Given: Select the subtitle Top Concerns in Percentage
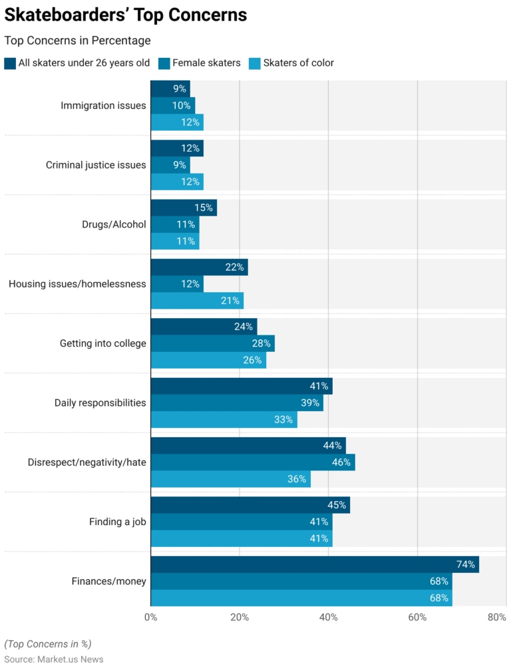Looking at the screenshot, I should click(x=77, y=41).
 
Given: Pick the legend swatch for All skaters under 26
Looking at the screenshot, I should click(x=10, y=63).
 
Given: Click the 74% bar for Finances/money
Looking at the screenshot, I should click(x=315, y=565).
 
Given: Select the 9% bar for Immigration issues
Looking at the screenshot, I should click(x=170, y=88).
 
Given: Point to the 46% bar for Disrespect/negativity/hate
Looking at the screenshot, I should click(x=253, y=462).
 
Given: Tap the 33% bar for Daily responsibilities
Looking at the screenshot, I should click(x=224, y=420).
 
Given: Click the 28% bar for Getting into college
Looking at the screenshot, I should click(x=212, y=343).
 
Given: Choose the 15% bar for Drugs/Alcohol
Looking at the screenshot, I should click(x=184, y=208).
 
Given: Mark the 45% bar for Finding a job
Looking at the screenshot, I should click(x=250, y=505).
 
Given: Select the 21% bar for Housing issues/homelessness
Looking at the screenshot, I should click(x=197, y=301).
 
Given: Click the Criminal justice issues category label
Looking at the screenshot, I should click(x=96, y=165).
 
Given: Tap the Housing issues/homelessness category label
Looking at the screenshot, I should click(x=77, y=284).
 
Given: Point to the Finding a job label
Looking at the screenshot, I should click(x=117, y=522).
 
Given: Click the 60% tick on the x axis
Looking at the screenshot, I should click(x=417, y=617).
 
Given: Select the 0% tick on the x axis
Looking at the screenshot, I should click(x=151, y=617).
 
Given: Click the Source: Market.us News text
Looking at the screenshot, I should click(x=54, y=659).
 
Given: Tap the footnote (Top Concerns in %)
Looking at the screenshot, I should click(x=48, y=644).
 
